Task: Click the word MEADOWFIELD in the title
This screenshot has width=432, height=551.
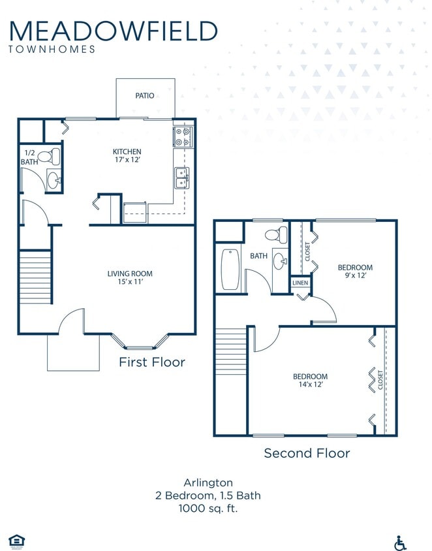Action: click(114, 31)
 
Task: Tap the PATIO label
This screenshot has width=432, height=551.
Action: click(145, 96)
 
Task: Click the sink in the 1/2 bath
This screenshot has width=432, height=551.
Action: click(54, 180)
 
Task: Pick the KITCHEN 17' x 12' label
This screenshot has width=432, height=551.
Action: click(127, 156)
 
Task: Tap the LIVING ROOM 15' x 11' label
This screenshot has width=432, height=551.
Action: click(130, 278)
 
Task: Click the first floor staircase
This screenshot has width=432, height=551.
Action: click(35, 277)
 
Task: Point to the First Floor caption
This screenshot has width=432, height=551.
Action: click(152, 362)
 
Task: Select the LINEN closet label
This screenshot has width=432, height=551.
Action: click(300, 283)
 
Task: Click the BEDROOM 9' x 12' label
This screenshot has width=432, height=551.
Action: click(355, 272)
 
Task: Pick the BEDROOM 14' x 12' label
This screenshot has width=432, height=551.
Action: click(310, 381)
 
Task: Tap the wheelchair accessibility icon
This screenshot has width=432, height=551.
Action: click(401, 542)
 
